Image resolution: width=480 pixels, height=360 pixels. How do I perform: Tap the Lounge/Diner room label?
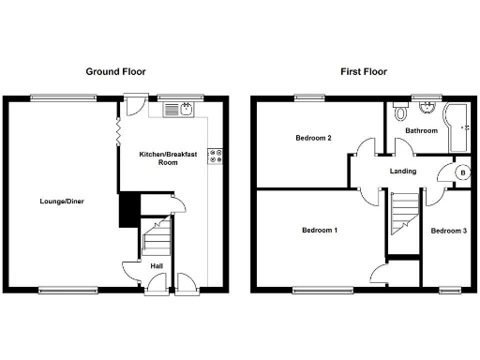[x=62, y=201]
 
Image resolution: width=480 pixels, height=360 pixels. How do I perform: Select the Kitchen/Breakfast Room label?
[x=168, y=157]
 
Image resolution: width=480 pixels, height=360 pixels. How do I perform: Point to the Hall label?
[x=157, y=265]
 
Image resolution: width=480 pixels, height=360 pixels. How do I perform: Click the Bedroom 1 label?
[x=320, y=230]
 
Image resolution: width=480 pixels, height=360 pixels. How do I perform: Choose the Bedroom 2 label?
[x=313, y=138]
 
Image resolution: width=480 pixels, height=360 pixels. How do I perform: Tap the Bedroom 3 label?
[x=449, y=230]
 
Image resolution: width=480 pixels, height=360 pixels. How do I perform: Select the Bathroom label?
[x=421, y=130]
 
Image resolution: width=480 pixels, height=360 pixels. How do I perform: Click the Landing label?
[x=403, y=171]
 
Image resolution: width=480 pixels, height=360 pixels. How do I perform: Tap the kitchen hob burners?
[x=215, y=156]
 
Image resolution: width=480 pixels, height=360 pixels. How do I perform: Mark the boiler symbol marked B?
[x=461, y=172]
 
